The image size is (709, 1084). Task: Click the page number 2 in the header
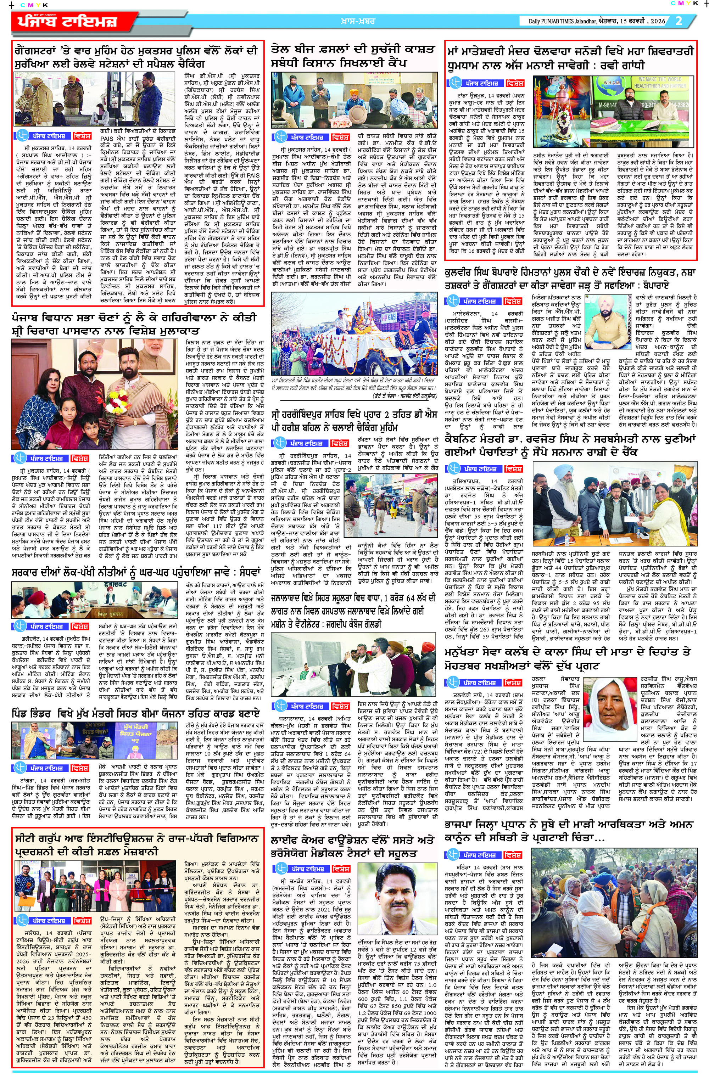[679, 21]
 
